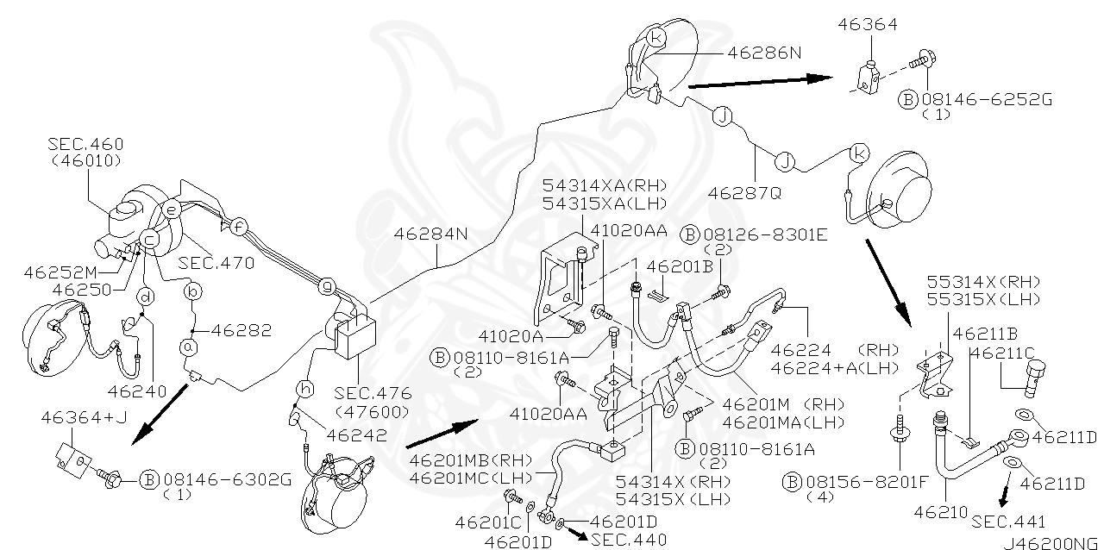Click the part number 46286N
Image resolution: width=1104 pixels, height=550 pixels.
point(764,52)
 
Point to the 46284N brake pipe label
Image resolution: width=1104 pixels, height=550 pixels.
point(431,233)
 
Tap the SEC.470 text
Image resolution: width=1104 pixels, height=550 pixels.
point(216,263)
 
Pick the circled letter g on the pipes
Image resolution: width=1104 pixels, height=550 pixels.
point(326,284)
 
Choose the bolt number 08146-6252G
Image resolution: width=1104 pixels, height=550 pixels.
point(986,99)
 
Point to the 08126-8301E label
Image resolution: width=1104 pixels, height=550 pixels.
point(753,233)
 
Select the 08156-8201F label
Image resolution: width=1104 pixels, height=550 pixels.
point(855,480)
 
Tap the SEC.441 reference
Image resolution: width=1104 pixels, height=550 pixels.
point(1007,522)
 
